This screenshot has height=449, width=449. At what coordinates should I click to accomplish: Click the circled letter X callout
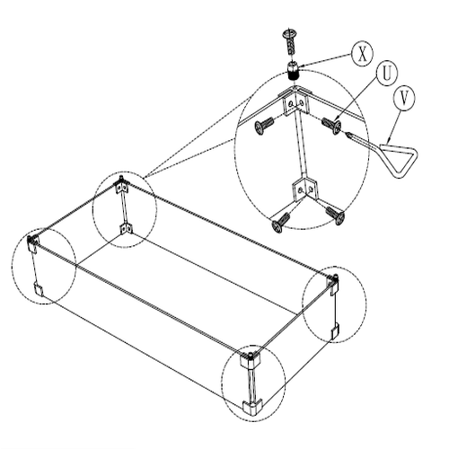point(362,54)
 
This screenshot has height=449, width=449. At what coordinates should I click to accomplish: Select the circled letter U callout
point(387,73)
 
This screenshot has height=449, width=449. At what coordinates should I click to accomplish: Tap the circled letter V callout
point(404,99)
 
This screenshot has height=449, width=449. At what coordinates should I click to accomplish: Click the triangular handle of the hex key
point(399,160)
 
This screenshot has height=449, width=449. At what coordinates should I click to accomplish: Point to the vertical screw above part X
point(290,41)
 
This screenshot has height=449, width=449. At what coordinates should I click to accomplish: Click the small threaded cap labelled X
point(294,70)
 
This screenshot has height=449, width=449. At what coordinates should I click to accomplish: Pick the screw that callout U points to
point(331,126)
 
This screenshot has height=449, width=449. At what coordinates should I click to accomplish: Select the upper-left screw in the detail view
point(264,126)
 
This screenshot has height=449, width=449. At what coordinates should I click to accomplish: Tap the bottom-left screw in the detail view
point(280,223)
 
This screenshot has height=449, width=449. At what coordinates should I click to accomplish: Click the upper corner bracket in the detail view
point(295,101)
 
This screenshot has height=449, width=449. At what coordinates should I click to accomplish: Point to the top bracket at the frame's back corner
point(122,186)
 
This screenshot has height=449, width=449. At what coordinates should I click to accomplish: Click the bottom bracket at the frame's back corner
point(127,229)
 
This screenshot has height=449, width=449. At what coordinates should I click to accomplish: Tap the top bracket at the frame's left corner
point(32,243)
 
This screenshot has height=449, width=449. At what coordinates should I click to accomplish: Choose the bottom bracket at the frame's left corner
point(38,288)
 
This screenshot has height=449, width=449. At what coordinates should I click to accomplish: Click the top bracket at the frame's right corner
point(333,283)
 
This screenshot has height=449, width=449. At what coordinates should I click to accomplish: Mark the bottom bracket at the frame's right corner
point(335,330)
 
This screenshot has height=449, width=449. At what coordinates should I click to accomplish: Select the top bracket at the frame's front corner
point(250,362)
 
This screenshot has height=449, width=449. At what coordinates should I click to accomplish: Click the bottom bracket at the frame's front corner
point(252,407)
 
